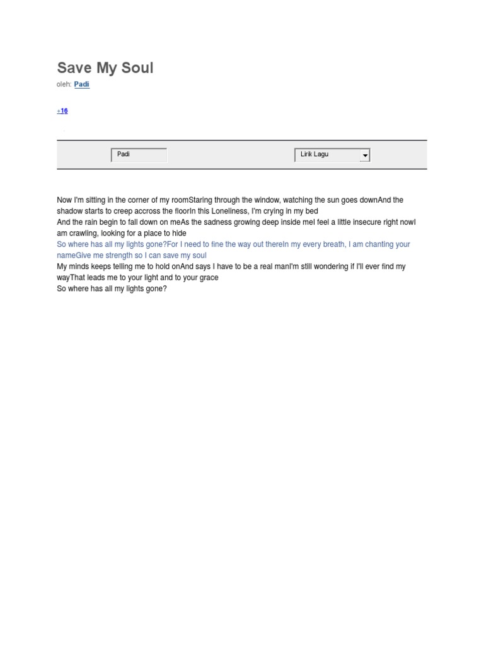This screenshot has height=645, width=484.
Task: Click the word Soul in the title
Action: tap(138, 68)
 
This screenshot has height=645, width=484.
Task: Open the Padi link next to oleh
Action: tap(82, 84)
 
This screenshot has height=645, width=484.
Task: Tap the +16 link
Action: tap(62, 111)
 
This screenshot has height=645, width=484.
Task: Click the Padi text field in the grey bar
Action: tap(139, 154)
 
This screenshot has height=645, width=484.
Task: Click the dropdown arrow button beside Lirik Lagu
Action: tap(365, 156)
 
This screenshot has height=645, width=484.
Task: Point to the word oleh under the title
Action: tap(64, 84)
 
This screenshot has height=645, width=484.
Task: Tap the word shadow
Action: tap(70, 211)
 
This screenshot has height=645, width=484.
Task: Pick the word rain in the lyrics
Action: tap(95, 222)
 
